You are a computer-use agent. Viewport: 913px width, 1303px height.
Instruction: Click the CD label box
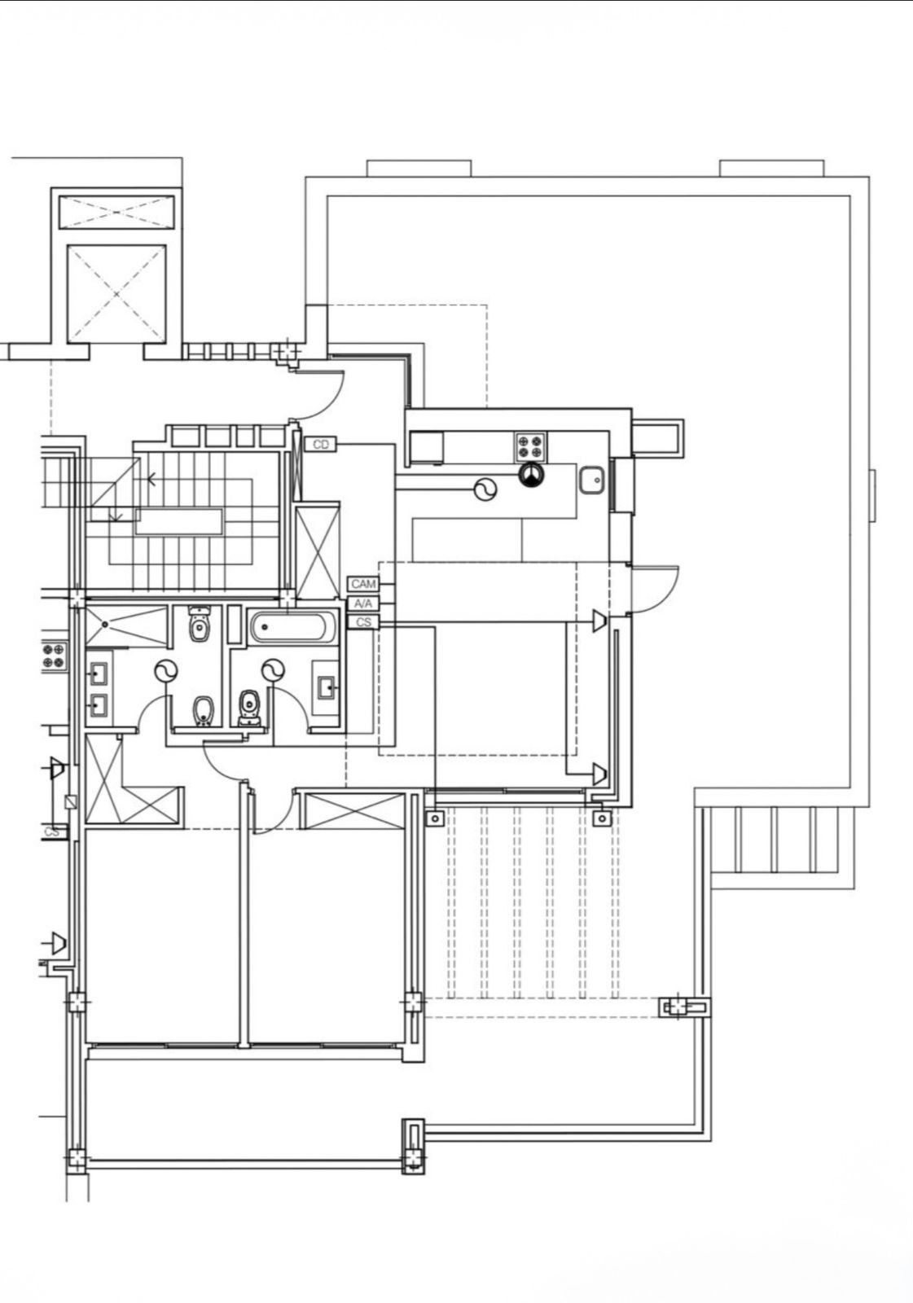click(321, 445)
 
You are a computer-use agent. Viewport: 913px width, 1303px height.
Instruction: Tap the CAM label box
click(363, 583)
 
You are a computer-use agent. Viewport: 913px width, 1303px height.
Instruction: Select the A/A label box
click(363, 603)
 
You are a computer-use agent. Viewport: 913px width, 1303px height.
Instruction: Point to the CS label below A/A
click(363, 622)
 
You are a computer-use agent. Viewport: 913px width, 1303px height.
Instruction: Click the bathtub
click(293, 627)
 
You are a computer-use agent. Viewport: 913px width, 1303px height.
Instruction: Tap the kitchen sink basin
click(592, 480)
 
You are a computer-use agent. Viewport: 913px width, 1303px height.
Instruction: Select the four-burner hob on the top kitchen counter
click(530, 446)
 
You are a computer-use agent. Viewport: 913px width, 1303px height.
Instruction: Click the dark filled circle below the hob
click(531, 475)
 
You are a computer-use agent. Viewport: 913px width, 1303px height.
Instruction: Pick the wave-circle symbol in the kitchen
click(485, 489)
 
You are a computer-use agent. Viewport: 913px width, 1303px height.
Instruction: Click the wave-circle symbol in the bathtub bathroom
click(273, 671)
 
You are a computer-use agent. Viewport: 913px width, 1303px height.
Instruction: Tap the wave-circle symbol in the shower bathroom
click(166, 671)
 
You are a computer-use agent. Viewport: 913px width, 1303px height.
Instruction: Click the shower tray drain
click(105, 624)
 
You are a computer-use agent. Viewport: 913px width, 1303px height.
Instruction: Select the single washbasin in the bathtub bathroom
click(325, 688)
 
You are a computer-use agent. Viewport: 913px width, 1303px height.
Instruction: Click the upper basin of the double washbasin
click(98, 674)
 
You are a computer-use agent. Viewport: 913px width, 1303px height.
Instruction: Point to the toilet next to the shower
click(199, 624)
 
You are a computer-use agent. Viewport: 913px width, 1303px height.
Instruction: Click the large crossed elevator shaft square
click(116, 294)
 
